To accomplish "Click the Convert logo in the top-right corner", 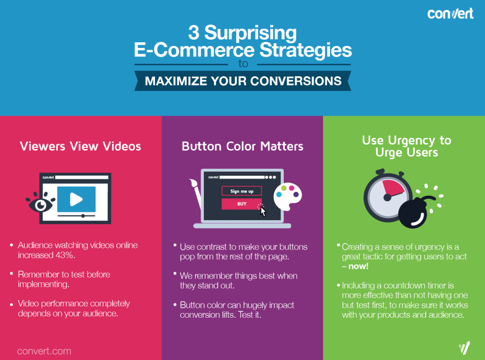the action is pos(450,14).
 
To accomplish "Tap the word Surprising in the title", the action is pos(250,33).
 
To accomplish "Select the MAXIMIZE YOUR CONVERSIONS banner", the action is pos(243,81).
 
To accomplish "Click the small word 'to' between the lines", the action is pos(243,64).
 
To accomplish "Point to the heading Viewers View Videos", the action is pos(80,146).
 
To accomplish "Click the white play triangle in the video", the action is pos(76,199).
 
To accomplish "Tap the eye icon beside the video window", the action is pos(40,203).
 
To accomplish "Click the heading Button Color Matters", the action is pos(242,146).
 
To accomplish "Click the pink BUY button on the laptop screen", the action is pos(241,204).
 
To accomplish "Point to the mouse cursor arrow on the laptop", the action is pos(263,212).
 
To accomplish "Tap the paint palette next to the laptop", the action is pos(288,196).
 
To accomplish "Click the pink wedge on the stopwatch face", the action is pos(393,188).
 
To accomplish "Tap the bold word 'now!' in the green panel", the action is pos(358,267).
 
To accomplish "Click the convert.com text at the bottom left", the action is pos(44,351).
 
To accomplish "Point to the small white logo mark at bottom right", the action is pos(464,347).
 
